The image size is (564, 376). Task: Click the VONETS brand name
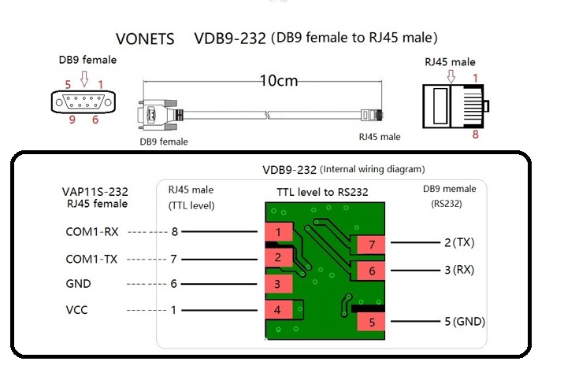click(145, 39)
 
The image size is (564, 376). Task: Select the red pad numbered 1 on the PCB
click(277, 232)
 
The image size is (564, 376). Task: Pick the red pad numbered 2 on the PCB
click(277, 258)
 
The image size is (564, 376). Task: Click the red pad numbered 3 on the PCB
click(277, 284)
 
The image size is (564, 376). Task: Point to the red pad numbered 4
click(277, 310)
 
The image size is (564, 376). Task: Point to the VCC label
click(77, 310)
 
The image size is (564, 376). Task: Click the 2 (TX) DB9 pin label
click(460, 241)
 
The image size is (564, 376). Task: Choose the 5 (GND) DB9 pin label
click(464, 322)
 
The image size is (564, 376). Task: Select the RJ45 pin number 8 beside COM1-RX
click(174, 232)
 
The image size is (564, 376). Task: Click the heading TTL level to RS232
click(322, 192)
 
